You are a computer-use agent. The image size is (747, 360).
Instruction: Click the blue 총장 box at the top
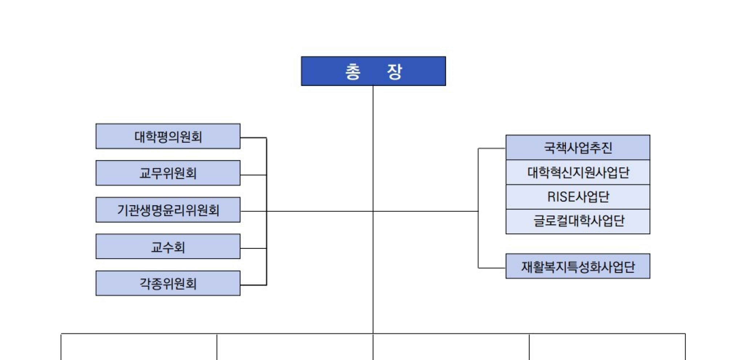(373, 71)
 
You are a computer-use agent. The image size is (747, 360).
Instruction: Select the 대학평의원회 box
(168, 136)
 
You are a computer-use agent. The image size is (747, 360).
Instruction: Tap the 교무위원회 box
(168, 173)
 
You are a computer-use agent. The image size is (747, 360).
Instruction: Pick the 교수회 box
(168, 247)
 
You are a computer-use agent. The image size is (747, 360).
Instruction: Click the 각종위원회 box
(168, 283)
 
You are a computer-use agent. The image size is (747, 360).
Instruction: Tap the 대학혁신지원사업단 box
(578, 172)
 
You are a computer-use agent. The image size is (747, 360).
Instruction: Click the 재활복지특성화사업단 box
(578, 266)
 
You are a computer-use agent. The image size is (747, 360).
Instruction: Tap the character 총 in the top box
(353, 72)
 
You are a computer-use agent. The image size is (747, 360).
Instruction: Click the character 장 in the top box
(394, 72)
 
